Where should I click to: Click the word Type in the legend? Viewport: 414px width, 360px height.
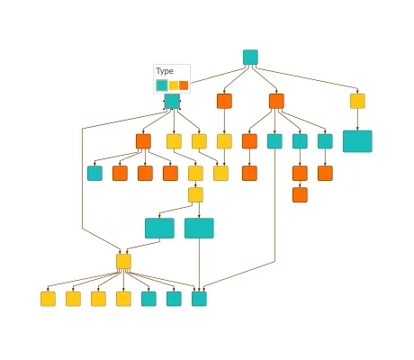(165, 71)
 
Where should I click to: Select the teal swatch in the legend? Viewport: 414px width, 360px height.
(162, 85)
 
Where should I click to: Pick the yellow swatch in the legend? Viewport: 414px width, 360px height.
(174, 85)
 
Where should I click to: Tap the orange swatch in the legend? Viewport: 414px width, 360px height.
(184, 85)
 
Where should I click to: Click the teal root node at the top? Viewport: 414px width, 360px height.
(250, 58)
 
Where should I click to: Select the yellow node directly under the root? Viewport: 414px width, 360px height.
(357, 101)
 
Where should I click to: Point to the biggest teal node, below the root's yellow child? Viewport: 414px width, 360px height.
(357, 141)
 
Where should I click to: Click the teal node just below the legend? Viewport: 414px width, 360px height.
(172, 102)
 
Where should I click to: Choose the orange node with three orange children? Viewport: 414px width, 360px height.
(143, 141)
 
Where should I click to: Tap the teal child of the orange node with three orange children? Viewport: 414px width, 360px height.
(94, 173)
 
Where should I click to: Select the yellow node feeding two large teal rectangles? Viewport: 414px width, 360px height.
(195, 194)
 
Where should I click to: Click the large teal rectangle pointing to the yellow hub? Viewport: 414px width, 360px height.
(159, 228)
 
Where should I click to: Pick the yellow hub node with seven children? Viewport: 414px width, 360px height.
(123, 262)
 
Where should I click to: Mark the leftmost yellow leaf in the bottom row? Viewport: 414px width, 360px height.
(48, 299)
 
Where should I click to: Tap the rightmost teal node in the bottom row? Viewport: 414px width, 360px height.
(199, 299)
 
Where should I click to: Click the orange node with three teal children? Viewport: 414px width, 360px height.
(276, 101)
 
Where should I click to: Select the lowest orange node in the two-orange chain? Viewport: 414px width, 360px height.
(300, 194)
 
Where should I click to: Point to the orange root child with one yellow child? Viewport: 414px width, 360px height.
(224, 101)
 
